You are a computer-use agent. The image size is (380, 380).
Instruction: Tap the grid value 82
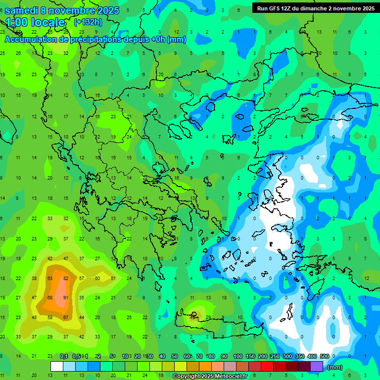click(x=65, y=279)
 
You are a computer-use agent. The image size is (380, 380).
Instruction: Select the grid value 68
click(x=50, y=298)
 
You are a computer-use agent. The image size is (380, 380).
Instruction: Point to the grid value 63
click(x=50, y=279)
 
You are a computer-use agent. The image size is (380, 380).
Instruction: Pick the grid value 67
click(x=65, y=317)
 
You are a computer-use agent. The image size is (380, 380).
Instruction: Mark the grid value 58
click(x=50, y=317)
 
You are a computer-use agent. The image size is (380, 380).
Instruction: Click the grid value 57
click(x=82, y=279)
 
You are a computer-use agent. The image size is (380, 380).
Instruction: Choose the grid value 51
click(x=113, y=279)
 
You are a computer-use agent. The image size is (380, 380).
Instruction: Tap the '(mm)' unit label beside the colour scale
click(x=334, y=367)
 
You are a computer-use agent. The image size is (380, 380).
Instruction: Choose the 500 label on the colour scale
click(x=325, y=356)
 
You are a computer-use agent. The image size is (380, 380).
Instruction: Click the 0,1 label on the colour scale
click(x=64, y=356)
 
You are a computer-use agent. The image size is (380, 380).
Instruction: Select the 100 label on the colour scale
click(x=238, y=356)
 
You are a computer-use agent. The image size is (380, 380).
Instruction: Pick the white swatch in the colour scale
click(x=57, y=366)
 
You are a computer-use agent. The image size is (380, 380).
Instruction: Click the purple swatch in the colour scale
click(x=317, y=366)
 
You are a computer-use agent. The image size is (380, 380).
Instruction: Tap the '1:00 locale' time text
click(x=35, y=22)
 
